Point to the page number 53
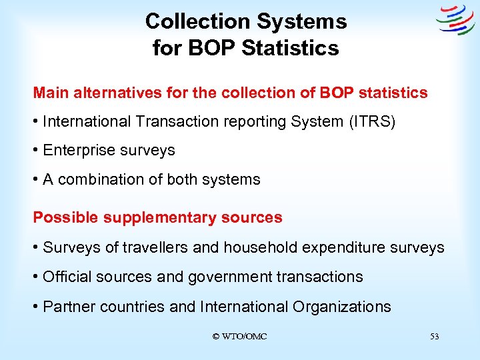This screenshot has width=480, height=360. tap(434, 337)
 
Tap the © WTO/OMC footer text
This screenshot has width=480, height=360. tap(239, 337)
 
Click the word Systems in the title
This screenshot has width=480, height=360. tap(303, 21)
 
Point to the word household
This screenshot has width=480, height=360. tap(261, 248)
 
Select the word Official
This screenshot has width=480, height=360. tap(67, 277)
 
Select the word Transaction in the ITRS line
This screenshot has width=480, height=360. tap(179, 122)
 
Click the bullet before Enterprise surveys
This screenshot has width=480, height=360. tap(36, 151)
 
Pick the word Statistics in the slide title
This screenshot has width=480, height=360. tap(294, 48)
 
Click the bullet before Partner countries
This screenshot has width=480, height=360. tap(36, 307)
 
